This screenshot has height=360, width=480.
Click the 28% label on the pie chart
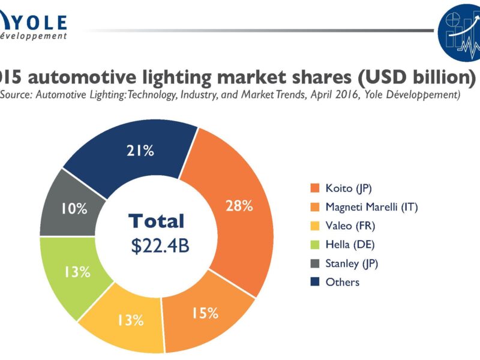239,206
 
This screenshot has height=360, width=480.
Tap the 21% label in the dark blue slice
140,151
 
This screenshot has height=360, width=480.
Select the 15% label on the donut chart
205,313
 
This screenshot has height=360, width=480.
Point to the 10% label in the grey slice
74,209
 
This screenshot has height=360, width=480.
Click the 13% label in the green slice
77,272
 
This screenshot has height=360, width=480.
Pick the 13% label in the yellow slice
130,320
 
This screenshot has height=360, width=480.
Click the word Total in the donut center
156,221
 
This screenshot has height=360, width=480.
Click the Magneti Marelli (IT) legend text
371,207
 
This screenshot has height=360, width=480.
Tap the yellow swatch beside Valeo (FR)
314,226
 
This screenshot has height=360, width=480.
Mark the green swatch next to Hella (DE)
314,244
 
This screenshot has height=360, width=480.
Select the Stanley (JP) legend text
352,263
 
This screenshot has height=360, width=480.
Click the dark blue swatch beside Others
314,281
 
